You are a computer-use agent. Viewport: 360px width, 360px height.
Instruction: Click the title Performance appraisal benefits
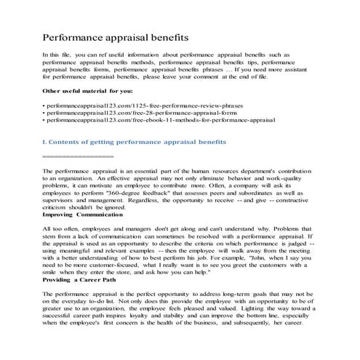point(116,36)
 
